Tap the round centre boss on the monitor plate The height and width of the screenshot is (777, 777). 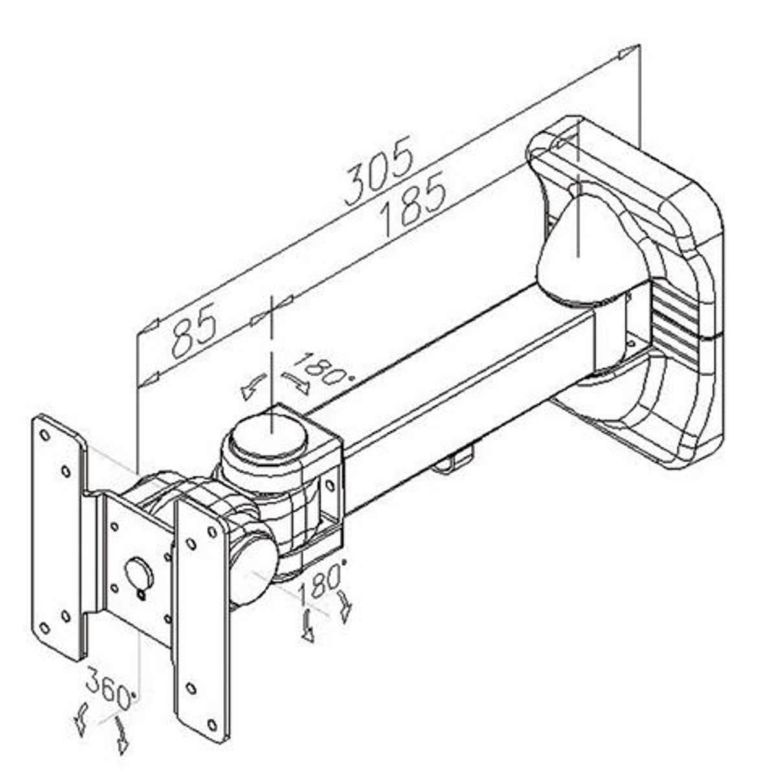138,572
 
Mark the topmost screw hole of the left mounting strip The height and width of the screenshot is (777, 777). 45,434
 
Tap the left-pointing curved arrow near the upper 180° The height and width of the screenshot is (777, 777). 253,387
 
